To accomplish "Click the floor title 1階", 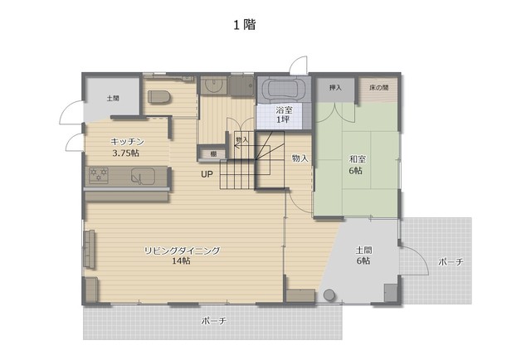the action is tap(244, 25).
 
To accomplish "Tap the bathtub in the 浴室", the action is tap(284, 90).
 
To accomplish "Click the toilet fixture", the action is tap(158, 96).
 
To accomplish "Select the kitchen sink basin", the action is tap(143, 176).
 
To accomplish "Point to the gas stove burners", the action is tap(99, 175).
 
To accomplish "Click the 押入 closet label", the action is tap(335, 88).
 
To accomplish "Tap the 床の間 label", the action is tap(378, 88).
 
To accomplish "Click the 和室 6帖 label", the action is tap(356, 164).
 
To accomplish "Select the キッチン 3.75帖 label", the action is tap(127, 147).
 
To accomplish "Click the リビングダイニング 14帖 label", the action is tap(182, 255).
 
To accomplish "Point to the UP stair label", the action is tap(207, 174).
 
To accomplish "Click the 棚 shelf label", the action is tap(213, 153).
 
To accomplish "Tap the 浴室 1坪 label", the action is tap(284, 114).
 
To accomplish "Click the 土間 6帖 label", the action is tap(363, 255).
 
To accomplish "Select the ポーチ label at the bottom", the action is tap(213, 321).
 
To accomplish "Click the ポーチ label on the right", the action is tap(451, 261).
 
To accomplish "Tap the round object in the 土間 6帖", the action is tap(329, 295).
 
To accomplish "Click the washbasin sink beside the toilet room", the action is tap(214, 85).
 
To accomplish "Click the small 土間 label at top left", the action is tap(113, 98).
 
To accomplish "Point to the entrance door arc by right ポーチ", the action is tap(421, 255).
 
